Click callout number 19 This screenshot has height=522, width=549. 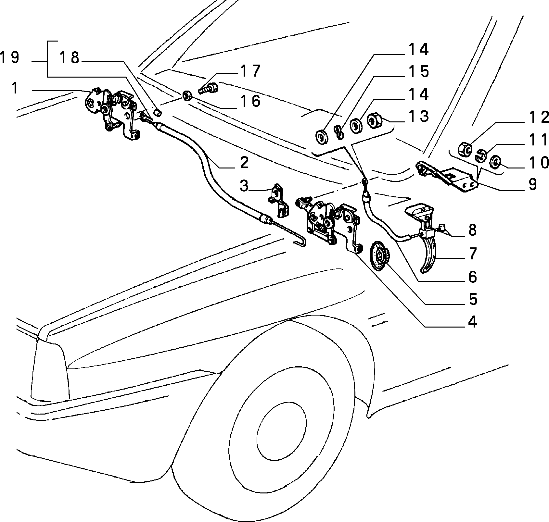(10, 58)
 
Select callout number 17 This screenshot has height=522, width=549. (250, 71)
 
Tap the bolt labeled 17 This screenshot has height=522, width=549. (208, 88)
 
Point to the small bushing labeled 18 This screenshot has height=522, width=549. (158, 112)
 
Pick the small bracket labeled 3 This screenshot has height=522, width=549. (279, 200)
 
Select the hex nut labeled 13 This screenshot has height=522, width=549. (375, 121)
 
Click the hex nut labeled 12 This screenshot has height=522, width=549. (465, 149)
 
